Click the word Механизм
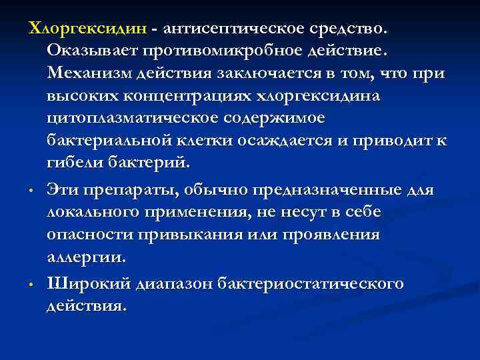click(x=91, y=73)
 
